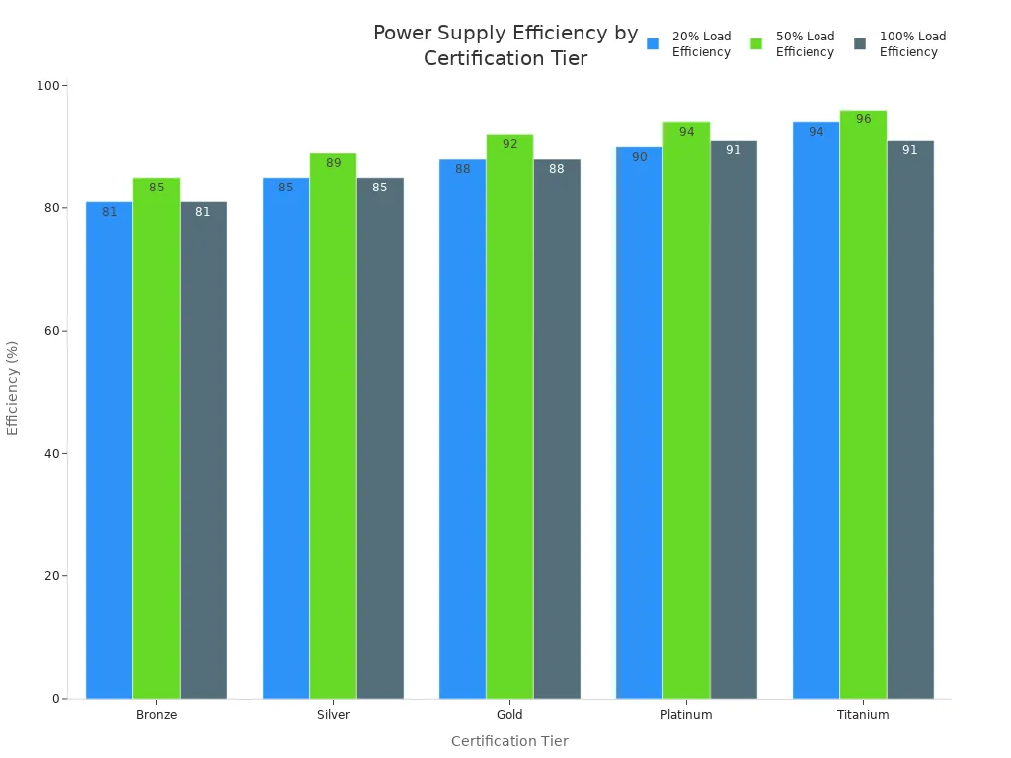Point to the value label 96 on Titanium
[x=863, y=119]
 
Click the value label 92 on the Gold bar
[x=509, y=144]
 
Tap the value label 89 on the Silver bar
[x=333, y=163]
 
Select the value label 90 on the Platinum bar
[x=639, y=157]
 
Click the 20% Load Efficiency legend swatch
[x=653, y=43]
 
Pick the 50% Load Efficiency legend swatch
[x=756, y=43]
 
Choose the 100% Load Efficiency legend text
[x=912, y=43]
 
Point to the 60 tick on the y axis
[x=49, y=331]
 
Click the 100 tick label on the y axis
[x=47, y=86]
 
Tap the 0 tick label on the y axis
[x=54, y=699]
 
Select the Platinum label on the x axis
[x=686, y=715]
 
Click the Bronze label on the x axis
[x=156, y=715]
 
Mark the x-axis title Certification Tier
[x=509, y=741]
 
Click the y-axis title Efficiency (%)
[x=13, y=388]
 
